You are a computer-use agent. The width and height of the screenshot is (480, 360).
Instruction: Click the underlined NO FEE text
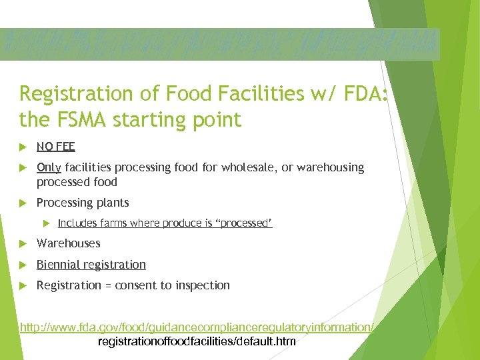pos(56,147)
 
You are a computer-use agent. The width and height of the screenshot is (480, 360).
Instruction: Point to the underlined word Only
pos(49,167)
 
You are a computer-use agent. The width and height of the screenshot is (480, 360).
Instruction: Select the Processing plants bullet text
pos(83,203)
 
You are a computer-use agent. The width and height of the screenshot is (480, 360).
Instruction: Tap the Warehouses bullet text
pos(68,244)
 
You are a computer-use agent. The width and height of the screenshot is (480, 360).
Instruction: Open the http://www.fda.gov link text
pos(197,327)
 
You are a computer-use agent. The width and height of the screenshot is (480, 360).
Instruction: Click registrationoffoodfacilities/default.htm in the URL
pos(197,341)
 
